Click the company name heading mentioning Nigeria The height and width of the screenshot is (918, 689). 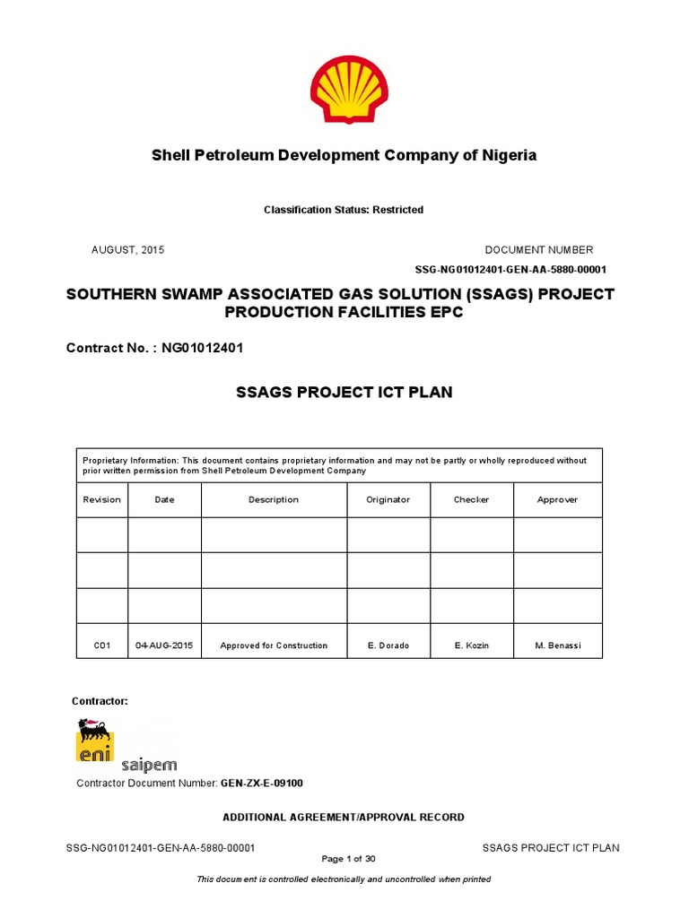click(344, 155)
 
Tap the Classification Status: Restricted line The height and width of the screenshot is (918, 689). click(344, 210)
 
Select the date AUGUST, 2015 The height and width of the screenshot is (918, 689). click(128, 250)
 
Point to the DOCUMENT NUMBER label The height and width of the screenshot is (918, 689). click(538, 250)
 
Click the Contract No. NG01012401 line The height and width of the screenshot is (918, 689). click(155, 346)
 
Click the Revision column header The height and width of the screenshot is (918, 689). click(101, 499)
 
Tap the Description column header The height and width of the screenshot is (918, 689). click(274, 499)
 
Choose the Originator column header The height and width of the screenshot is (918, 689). click(388, 499)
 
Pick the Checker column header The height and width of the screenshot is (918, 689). click(471, 499)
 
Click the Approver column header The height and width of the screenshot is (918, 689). click(557, 499)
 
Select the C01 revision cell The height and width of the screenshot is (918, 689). click(101, 645)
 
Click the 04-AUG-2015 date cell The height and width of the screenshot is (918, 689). click(164, 645)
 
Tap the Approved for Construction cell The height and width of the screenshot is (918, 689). click(274, 645)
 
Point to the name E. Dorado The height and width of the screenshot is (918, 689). click(388, 645)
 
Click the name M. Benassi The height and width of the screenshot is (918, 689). click(557, 645)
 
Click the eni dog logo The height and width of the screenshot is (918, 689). click(94, 740)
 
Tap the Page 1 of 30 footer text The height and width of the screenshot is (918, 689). click(343, 859)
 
